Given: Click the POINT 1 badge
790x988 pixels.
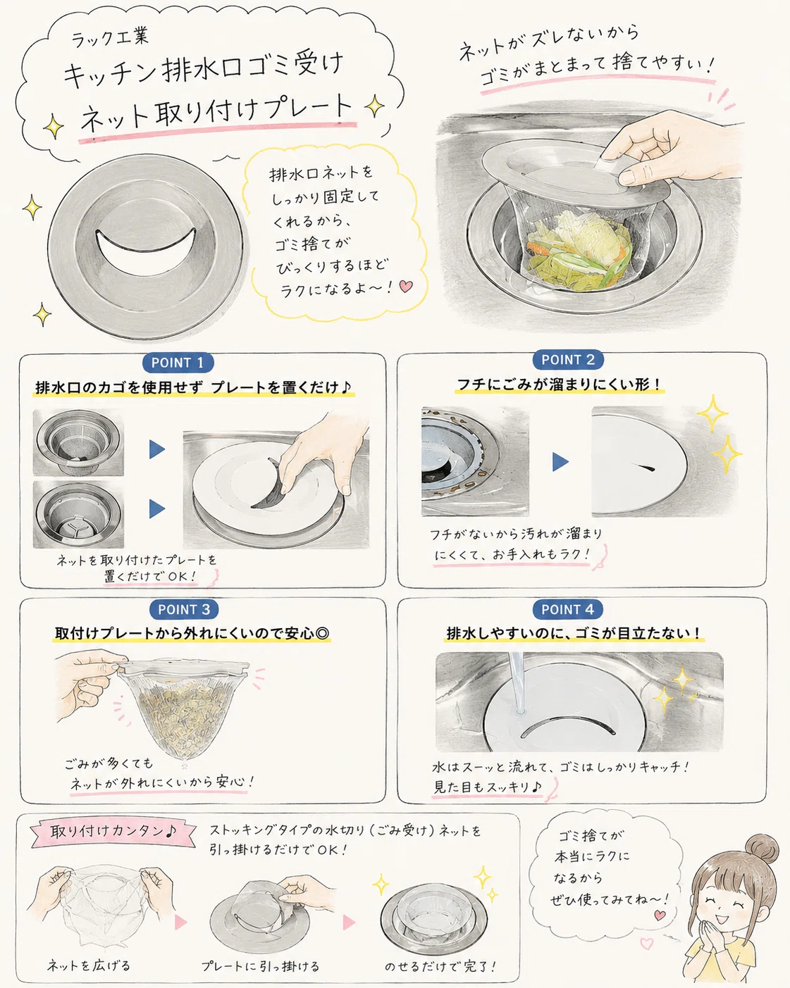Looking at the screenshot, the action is [x=178, y=363].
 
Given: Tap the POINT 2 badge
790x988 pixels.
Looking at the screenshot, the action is [x=568, y=359].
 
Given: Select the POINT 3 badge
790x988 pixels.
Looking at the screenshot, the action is [x=184, y=609].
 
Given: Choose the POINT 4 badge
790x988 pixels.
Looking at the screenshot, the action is [x=567, y=609].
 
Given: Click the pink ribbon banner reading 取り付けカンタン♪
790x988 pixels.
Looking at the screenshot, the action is [x=113, y=832].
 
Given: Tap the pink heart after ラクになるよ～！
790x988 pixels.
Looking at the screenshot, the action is [x=406, y=286].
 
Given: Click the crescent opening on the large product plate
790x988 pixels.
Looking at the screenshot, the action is [x=145, y=253].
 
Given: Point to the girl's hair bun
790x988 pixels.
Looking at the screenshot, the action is [x=762, y=849].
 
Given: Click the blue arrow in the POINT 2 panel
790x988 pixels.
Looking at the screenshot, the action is [x=560, y=461].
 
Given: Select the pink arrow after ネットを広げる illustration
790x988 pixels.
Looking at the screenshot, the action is [x=180, y=923].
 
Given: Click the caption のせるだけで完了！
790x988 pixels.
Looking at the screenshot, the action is [x=440, y=966].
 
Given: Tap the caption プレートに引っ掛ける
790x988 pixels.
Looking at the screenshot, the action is [x=260, y=966].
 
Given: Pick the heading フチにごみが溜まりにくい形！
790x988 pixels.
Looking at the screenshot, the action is [x=560, y=384].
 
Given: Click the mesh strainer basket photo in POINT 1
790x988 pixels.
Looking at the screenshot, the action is [x=78, y=442].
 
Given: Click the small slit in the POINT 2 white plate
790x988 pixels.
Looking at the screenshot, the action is [x=644, y=468].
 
